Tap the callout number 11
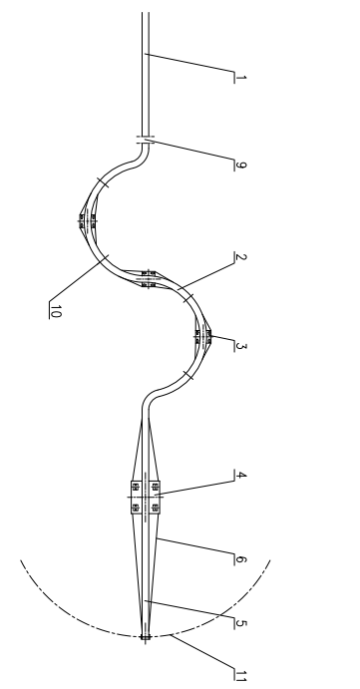point(237,675)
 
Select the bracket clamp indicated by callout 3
point(203,336)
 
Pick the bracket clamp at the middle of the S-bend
point(148,276)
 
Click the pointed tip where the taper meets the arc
point(146,634)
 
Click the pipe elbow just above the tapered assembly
point(149,396)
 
